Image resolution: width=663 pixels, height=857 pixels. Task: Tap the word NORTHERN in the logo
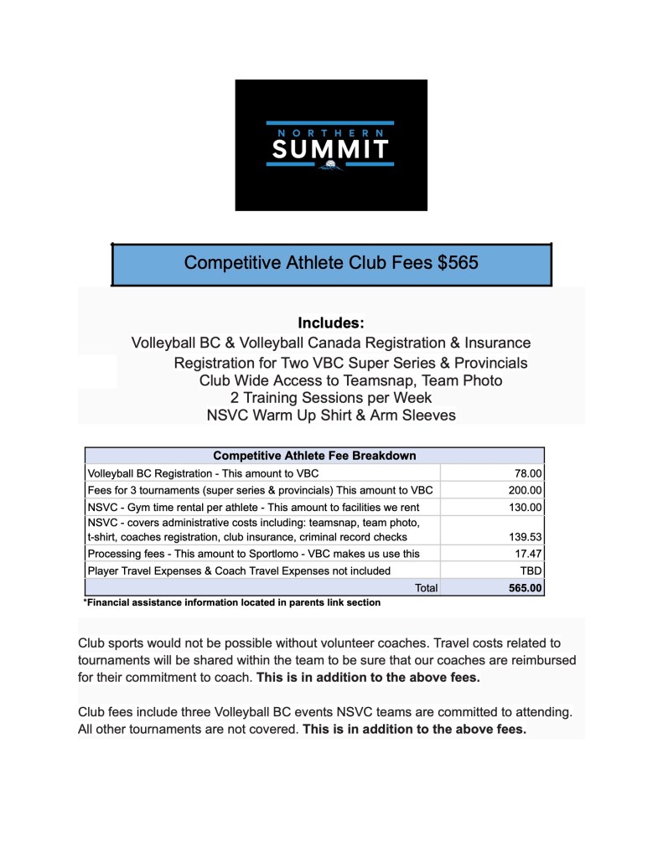(329, 132)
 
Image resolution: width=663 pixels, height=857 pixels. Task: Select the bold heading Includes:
(331, 323)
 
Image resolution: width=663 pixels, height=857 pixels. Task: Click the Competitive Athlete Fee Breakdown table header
(314, 456)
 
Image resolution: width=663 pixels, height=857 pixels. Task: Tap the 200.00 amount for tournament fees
(526, 490)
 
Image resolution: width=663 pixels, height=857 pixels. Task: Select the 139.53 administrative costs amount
(526, 536)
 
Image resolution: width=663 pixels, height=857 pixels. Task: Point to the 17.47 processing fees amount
(530, 554)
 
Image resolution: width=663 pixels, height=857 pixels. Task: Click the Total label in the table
(426, 588)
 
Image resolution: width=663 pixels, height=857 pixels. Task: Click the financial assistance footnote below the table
(231, 602)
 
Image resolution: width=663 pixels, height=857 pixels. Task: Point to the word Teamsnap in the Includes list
(381, 380)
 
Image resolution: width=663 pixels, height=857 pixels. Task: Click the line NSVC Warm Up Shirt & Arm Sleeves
(331, 415)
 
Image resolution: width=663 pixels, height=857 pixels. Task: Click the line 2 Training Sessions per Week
(331, 397)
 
